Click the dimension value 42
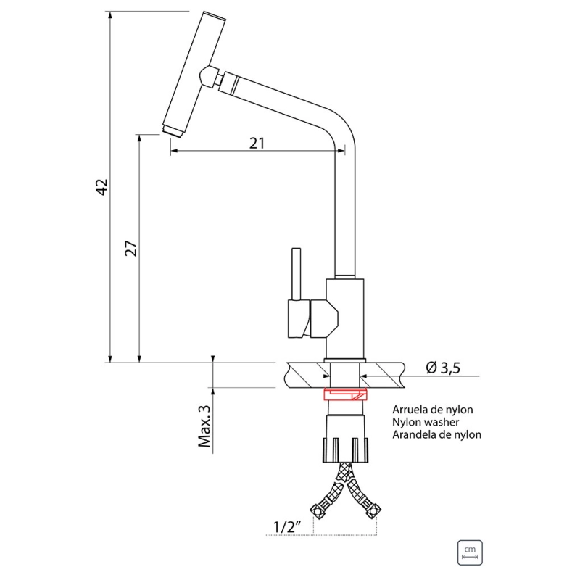coord(101,187)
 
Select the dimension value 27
coord(131,248)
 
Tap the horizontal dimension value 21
coord(257,143)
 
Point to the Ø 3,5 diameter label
coord(443,368)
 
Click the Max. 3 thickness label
coord(204,426)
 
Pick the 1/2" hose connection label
coord(287,526)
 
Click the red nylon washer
coord(346,394)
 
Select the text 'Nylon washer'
coord(426,422)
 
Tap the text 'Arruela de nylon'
coord(433,410)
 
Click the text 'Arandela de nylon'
coord(437,434)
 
